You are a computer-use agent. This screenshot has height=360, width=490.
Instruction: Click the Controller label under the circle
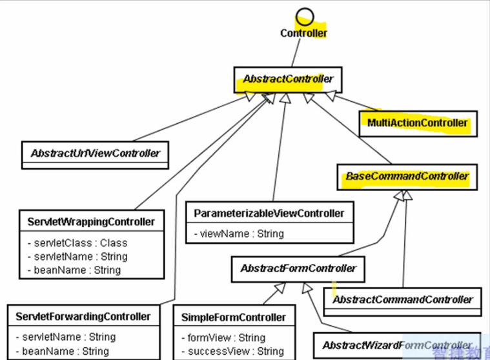303,33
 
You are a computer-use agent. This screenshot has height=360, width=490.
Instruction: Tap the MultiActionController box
418,123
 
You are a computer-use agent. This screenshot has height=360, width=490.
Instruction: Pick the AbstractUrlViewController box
95,154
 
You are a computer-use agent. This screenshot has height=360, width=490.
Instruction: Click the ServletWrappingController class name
91,222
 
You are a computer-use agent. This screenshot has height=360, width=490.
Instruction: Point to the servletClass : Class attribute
77,243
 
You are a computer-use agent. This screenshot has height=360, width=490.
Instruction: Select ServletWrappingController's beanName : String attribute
74,269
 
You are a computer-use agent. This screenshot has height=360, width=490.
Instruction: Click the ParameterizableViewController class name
269,213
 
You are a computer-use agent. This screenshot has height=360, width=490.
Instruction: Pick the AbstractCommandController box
402,300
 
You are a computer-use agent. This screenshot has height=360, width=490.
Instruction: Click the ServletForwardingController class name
83,317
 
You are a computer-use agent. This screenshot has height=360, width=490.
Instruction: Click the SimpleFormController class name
234,317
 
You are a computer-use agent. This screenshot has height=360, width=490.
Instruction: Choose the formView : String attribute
223,337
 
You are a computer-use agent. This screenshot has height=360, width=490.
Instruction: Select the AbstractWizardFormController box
397,345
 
